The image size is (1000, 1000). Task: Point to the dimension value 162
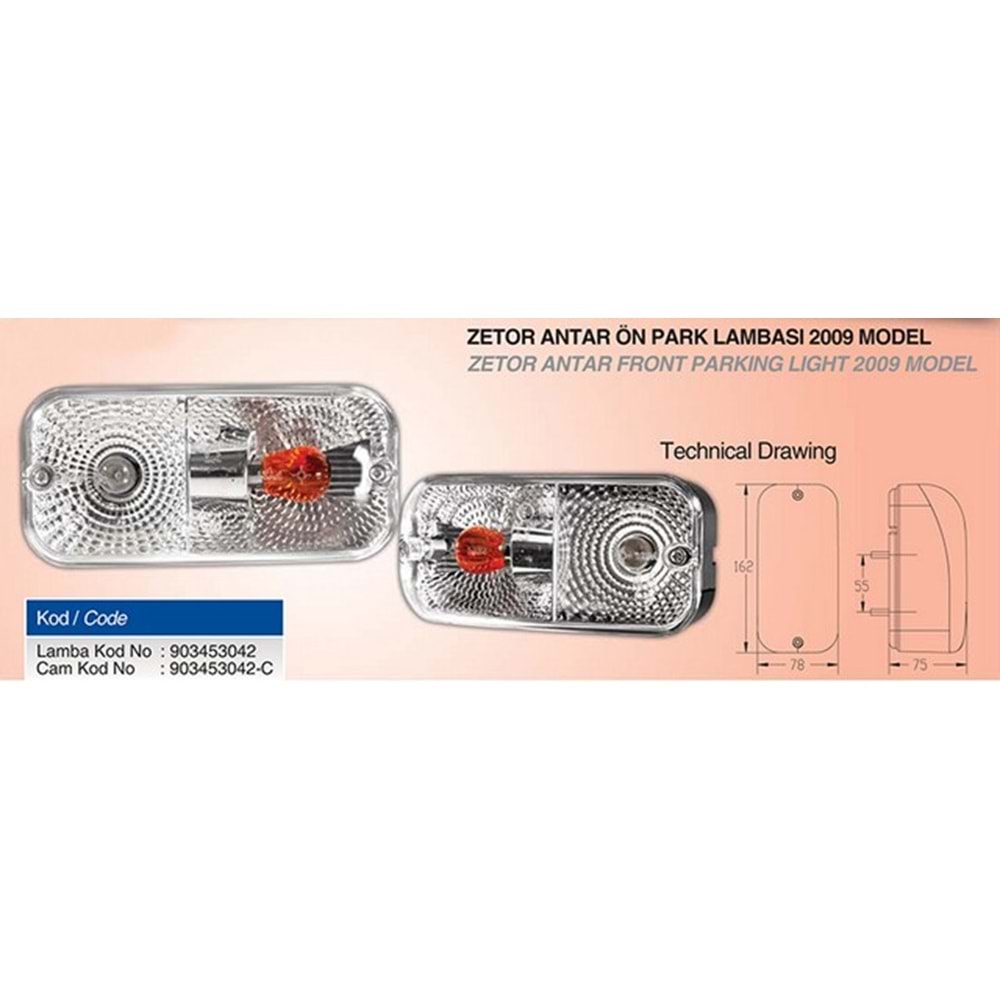pyautogui.click(x=744, y=566)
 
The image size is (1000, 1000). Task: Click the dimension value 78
pyautogui.click(x=797, y=665)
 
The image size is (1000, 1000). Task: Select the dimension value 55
pyautogui.click(x=862, y=584)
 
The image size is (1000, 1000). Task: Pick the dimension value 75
pyautogui.click(x=919, y=665)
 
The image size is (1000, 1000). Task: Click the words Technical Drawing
pyautogui.click(x=748, y=452)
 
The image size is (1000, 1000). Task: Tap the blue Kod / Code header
pyautogui.click(x=154, y=617)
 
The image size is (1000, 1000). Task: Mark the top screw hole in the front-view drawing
pyautogui.click(x=798, y=495)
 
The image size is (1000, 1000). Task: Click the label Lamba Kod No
pyautogui.click(x=94, y=651)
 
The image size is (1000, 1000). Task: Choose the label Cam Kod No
pyautogui.click(x=85, y=668)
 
